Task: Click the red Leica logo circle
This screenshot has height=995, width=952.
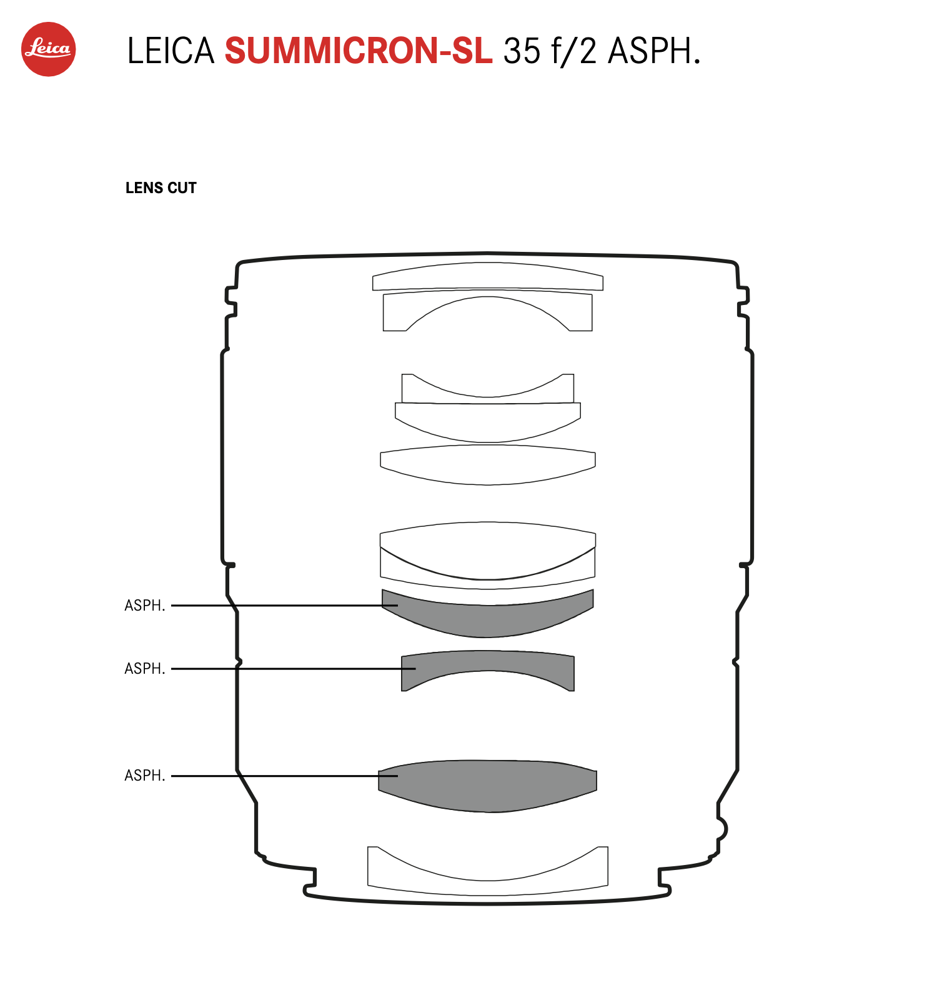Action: [x=49, y=49]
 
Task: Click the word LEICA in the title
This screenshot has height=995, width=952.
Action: [x=171, y=51]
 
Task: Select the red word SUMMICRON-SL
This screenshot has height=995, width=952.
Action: [x=359, y=51]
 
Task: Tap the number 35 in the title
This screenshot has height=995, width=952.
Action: [x=522, y=51]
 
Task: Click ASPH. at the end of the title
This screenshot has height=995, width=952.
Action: [x=654, y=51]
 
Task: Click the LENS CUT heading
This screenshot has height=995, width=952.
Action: [x=161, y=188]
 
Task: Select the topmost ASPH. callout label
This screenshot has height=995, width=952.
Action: [x=145, y=606]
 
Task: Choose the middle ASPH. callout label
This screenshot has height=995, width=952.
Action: [x=145, y=669]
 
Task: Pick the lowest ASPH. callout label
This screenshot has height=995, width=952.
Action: [x=145, y=776]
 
